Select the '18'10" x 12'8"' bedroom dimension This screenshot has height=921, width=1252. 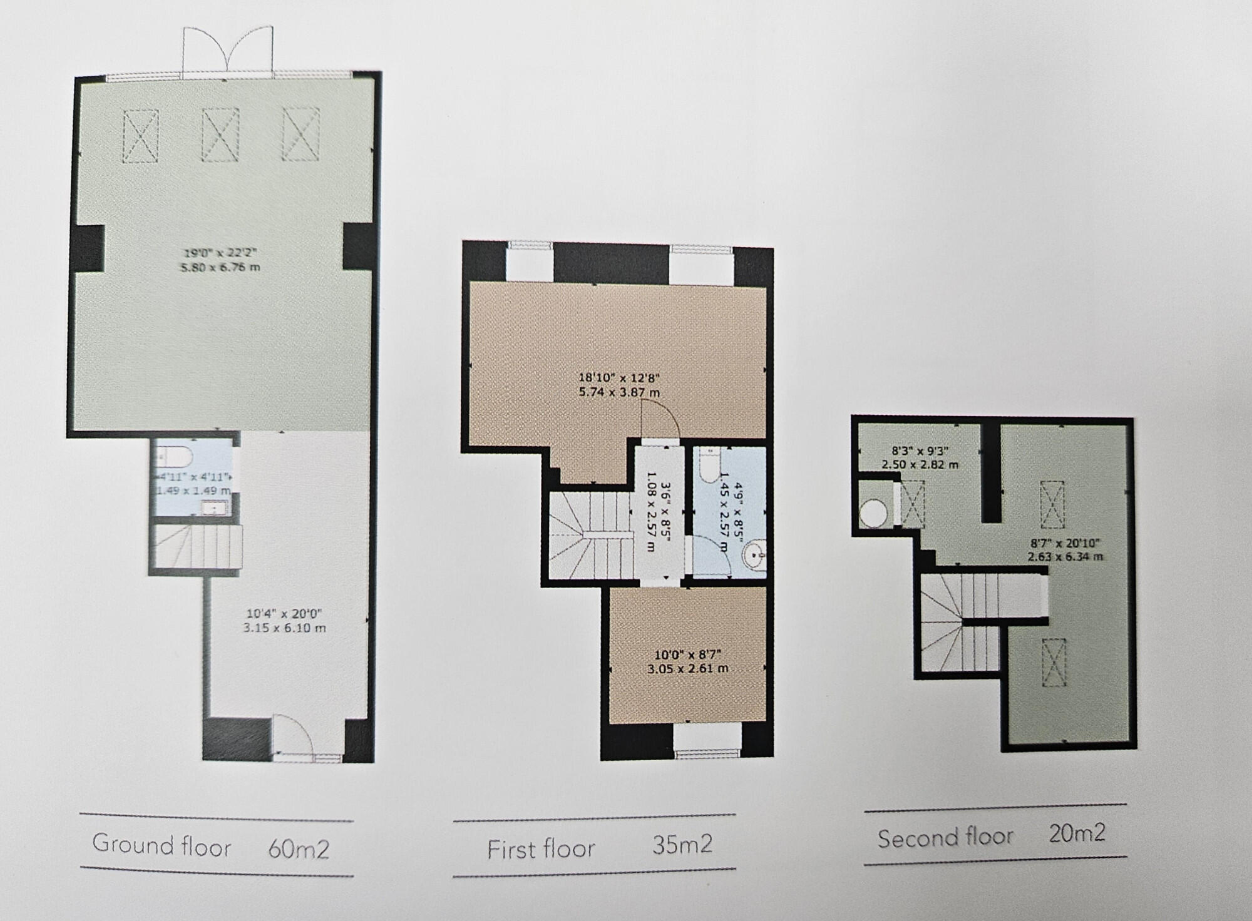pyautogui.click(x=618, y=378)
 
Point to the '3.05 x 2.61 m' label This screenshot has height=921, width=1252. pyautogui.click(x=687, y=668)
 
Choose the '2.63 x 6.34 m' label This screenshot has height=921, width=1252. pyautogui.click(x=1065, y=557)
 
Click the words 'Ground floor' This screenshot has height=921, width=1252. pyautogui.click(x=162, y=845)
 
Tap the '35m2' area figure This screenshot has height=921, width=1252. pyautogui.click(x=682, y=845)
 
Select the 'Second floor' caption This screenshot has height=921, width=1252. pyautogui.click(x=945, y=838)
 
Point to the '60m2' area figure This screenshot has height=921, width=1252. pyautogui.click(x=299, y=849)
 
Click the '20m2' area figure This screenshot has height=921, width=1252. pyautogui.click(x=1077, y=833)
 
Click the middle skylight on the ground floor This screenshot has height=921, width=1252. pyautogui.click(x=220, y=135)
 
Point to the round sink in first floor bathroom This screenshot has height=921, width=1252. pyautogui.click(x=754, y=554)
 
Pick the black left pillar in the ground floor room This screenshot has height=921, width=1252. pyautogui.click(x=89, y=248)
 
